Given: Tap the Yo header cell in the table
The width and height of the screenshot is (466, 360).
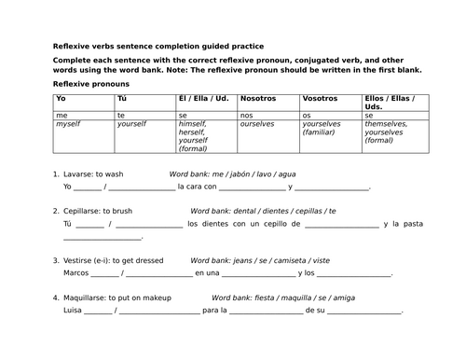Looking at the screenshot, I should (62, 98).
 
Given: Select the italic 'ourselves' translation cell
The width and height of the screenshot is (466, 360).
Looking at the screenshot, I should (256, 123).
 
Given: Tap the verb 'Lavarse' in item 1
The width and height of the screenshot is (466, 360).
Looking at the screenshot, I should (80, 173).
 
